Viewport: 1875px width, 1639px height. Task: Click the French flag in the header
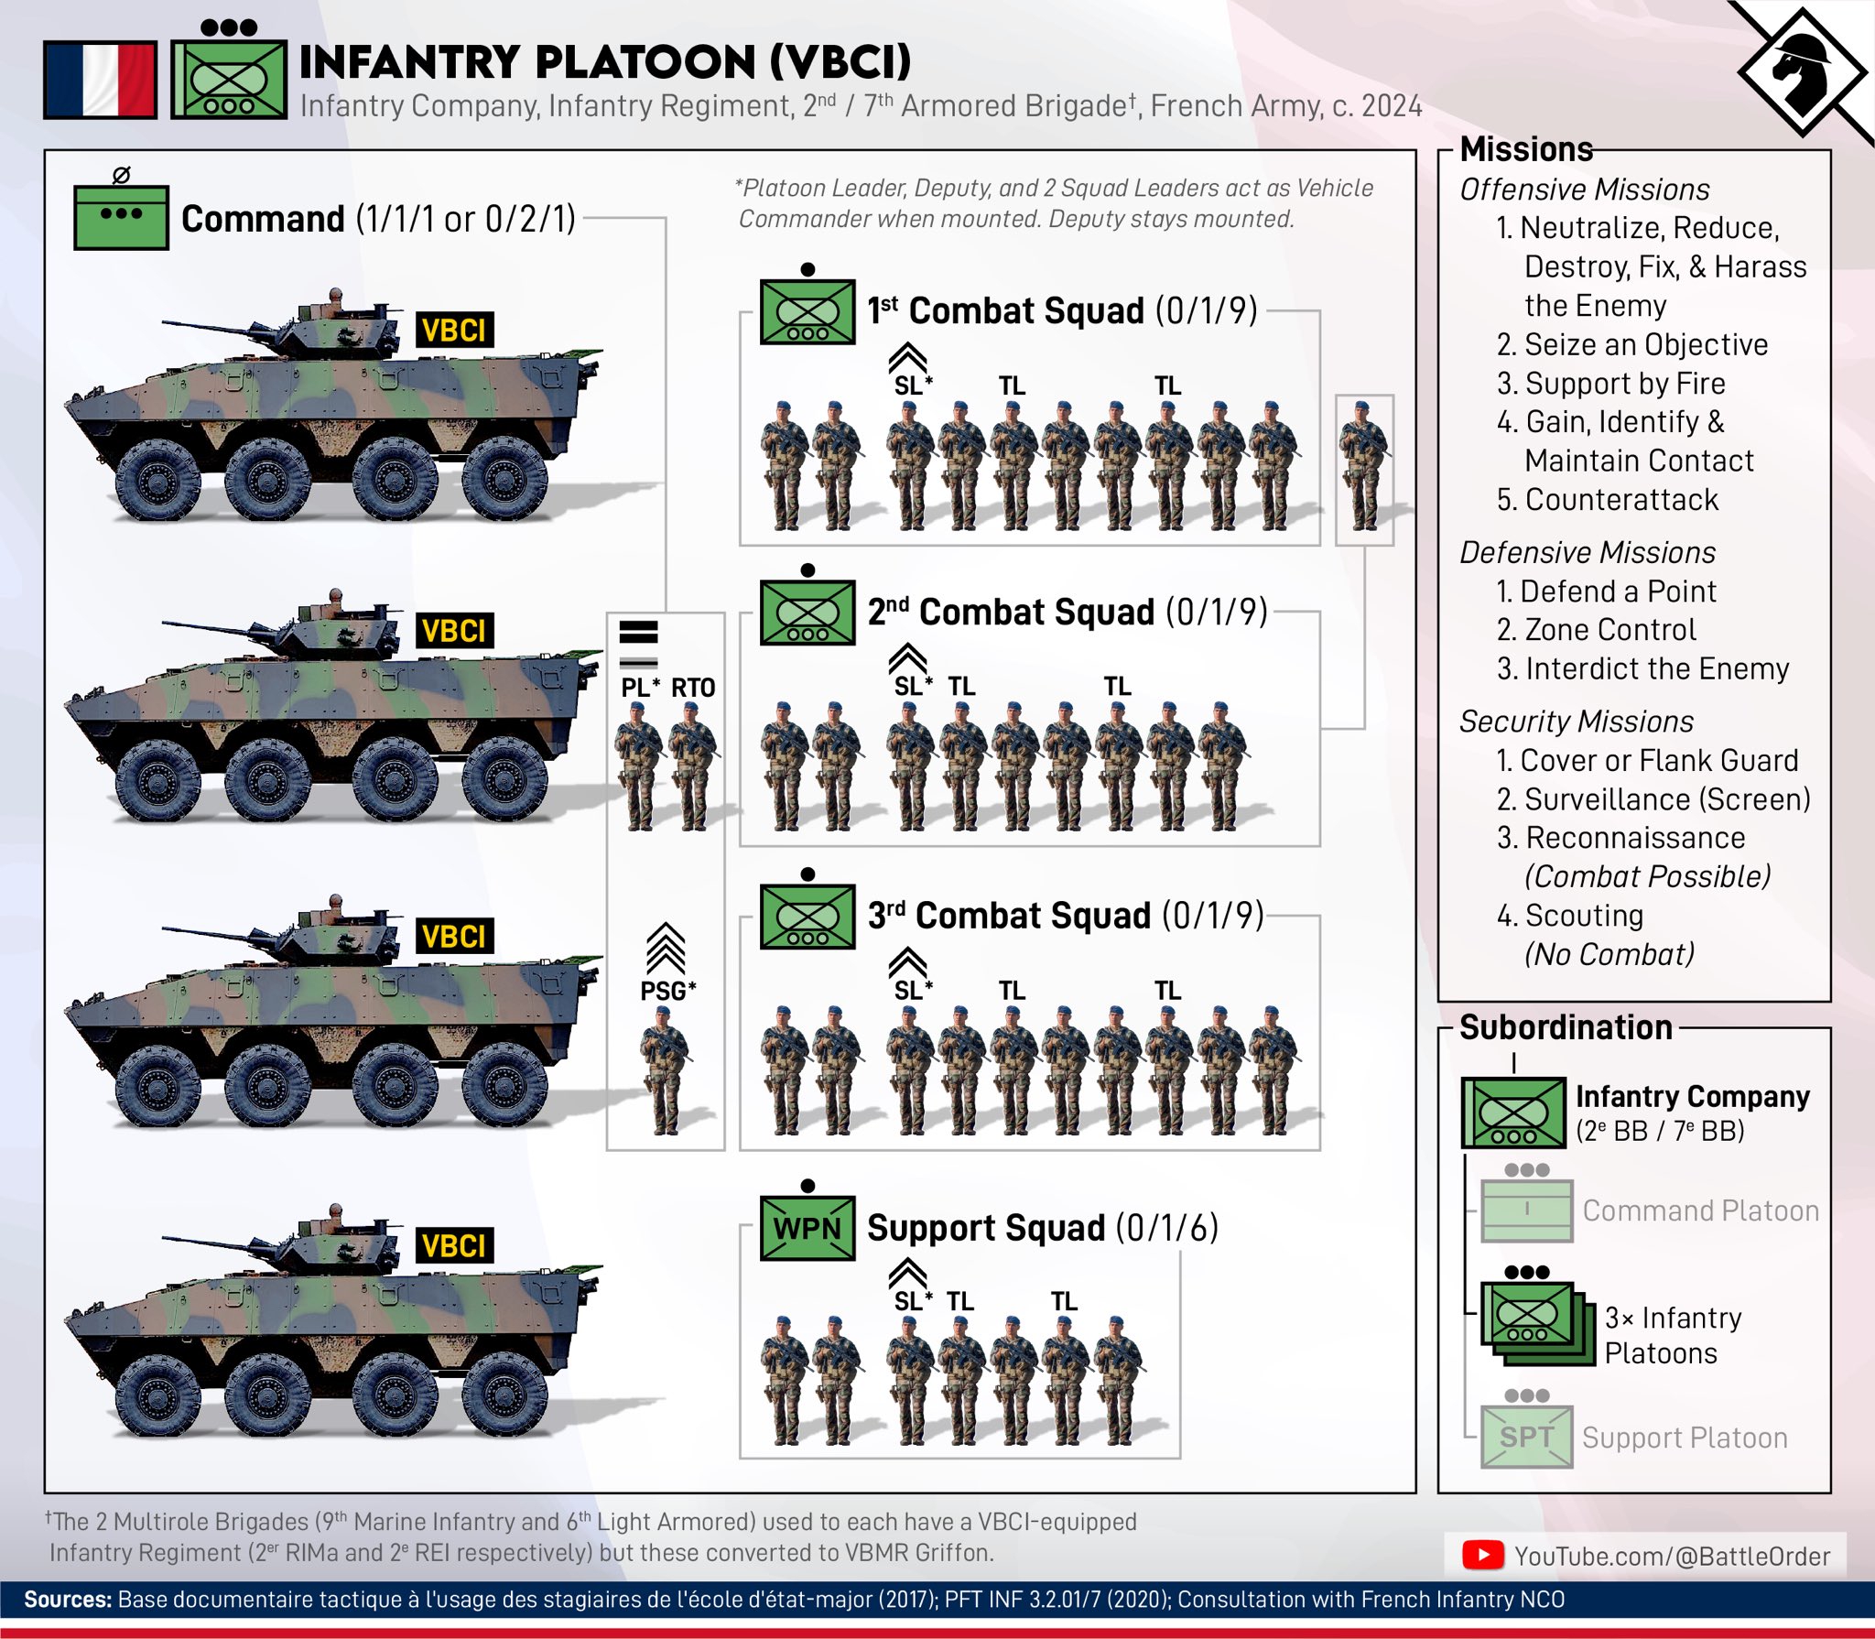click(x=100, y=80)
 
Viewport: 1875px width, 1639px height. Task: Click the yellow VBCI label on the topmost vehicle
click(x=454, y=330)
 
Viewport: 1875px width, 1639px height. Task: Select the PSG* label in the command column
click(x=667, y=991)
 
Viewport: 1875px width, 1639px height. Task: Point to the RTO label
click(x=693, y=688)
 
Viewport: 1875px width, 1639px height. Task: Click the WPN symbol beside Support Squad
click(x=807, y=1228)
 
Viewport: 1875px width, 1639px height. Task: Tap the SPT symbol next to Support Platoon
click(x=1526, y=1437)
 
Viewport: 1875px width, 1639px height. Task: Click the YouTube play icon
click(x=1482, y=1555)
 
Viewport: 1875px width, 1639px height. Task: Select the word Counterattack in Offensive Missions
click(x=1621, y=500)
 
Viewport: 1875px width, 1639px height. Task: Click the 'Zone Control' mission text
click(x=1609, y=630)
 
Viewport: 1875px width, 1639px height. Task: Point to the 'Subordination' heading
click(x=1566, y=1027)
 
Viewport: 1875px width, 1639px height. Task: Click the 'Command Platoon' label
click(x=1700, y=1210)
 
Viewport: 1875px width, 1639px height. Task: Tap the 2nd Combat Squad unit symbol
click(x=807, y=613)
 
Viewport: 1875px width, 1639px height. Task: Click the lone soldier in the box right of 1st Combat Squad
click(x=1364, y=467)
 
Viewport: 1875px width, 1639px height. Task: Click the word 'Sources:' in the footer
click(x=68, y=1600)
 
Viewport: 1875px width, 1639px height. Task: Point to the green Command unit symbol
click(x=121, y=217)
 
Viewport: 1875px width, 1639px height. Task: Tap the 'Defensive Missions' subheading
click(x=1588, y=553)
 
